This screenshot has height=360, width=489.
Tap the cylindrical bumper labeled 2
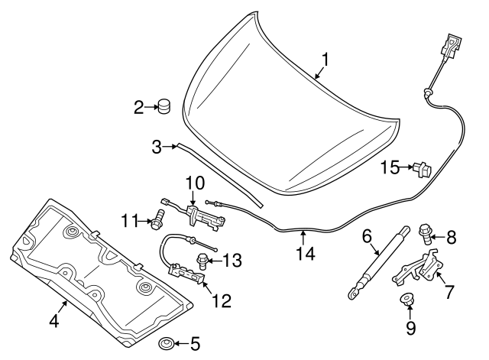pos(163,107)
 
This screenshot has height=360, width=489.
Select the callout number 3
pos(157,146)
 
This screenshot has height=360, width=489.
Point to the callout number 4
pos(53,322)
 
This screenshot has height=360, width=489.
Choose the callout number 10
pos(195,183)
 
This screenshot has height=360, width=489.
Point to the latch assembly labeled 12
pos(185,273)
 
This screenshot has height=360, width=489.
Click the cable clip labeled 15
pos(420,167)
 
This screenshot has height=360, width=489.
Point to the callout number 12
pos(220,300)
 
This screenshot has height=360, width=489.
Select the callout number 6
pos(366,237)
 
